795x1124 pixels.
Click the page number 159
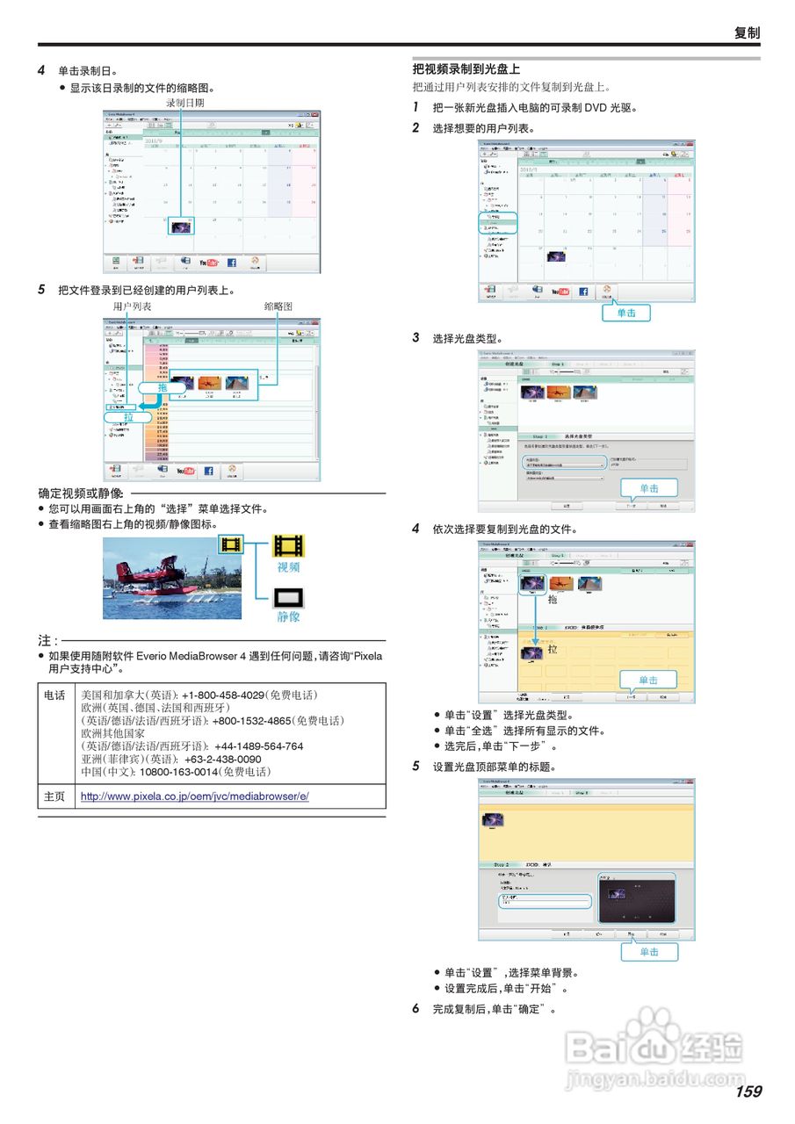pos(748,1092)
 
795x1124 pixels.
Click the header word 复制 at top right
pos(747,32)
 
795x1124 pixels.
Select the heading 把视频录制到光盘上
pos(466,68)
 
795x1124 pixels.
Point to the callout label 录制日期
pos(185,103)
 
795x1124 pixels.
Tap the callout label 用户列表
pos(132,306)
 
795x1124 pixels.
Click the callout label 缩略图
pos(278,306)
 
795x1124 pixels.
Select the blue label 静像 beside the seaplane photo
pos(289,616)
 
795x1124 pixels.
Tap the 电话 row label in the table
pos(54,695)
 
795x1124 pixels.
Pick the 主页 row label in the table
pos(54,796)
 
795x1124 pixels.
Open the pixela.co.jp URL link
pos(194,796)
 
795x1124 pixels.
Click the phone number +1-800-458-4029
pos(223,695)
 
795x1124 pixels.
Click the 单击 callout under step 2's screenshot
pos(626,313)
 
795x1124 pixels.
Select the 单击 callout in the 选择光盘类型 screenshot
pos(648,488)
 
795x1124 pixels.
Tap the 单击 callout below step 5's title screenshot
pos(649,952)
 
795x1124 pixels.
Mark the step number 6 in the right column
pos(416,1009)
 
